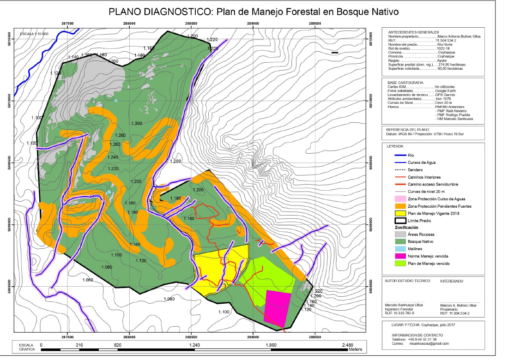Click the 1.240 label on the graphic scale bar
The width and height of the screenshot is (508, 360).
click(x=194, y=345)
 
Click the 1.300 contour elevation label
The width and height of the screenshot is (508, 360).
click(x=136, y=123)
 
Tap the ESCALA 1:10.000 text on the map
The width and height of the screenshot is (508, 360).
click(x=34, y=34)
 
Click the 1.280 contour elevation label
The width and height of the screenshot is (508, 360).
click(x=119, y=135)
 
